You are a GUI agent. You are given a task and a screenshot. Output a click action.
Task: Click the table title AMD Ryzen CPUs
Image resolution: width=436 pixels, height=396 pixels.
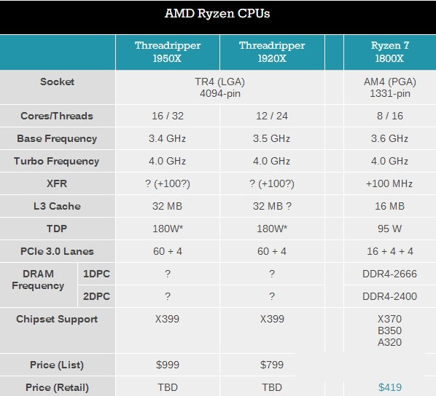tap(217, 14)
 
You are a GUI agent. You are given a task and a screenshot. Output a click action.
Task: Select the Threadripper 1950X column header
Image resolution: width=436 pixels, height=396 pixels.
tap(167, 52)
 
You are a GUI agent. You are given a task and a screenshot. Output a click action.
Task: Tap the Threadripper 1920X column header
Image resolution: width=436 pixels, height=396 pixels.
tap(271, 52)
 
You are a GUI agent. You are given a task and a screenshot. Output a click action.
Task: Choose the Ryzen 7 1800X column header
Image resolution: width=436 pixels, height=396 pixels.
tap(389, 52)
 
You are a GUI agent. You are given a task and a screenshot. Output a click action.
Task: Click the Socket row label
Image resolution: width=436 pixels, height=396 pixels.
tap(57, 82)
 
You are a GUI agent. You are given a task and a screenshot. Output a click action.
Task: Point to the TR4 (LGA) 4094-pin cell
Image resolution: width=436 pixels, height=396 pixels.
tap(219, 87)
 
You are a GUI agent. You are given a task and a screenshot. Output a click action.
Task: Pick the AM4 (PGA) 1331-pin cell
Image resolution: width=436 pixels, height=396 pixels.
tap(387, 87)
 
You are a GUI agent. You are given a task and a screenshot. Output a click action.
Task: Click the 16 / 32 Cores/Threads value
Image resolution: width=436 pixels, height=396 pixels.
tap(167, 116)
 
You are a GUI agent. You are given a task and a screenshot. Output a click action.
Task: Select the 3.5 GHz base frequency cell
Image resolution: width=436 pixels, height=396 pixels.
tap(271, 139)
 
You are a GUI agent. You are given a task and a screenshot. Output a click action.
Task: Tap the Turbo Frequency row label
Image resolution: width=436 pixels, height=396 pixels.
tap(56, 162)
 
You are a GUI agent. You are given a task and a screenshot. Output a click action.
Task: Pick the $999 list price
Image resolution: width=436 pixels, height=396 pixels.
tap(167, 365)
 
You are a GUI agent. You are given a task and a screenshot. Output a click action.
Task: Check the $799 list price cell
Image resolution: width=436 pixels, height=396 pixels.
tap(271, 365)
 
